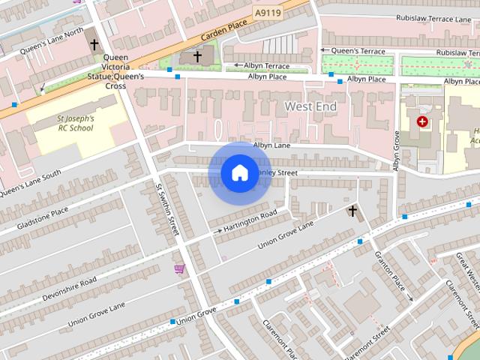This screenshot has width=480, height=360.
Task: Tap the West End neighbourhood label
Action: coord(310,107)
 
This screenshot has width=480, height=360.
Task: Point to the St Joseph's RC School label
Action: coord(76,123)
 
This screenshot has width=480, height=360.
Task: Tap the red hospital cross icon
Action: coord(423,121)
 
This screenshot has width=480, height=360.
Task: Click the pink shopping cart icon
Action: coord(179,268)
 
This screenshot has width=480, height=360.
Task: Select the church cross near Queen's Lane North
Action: coord(94,44)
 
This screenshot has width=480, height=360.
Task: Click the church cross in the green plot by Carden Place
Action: coord(197,56)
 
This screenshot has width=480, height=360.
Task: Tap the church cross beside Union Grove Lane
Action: coord(352,211)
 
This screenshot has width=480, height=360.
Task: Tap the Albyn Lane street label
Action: coord(271,145)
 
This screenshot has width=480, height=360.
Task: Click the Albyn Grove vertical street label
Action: coord(397,150)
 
